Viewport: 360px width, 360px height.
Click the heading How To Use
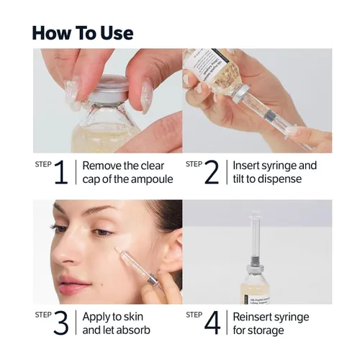pos(82,33)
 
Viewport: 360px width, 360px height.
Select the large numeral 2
pos(212,173)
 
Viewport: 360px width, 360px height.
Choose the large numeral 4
pos(212,323)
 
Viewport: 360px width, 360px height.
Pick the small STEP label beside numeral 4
pos(194,315)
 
